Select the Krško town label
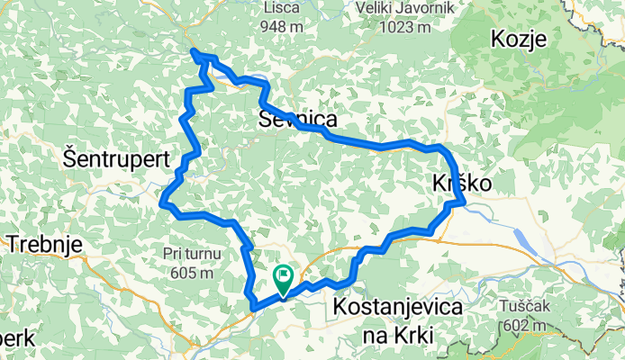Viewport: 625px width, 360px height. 462,183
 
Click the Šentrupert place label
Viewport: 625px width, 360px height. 117,157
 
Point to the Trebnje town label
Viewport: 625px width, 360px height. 44,243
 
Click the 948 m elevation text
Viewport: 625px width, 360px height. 283,27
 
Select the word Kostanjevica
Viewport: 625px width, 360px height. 397,307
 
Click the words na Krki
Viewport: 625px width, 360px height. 397,335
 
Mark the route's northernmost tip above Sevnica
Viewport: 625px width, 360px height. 195,54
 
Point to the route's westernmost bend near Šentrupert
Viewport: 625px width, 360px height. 163,204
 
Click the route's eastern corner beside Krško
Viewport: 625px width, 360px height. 461,203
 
